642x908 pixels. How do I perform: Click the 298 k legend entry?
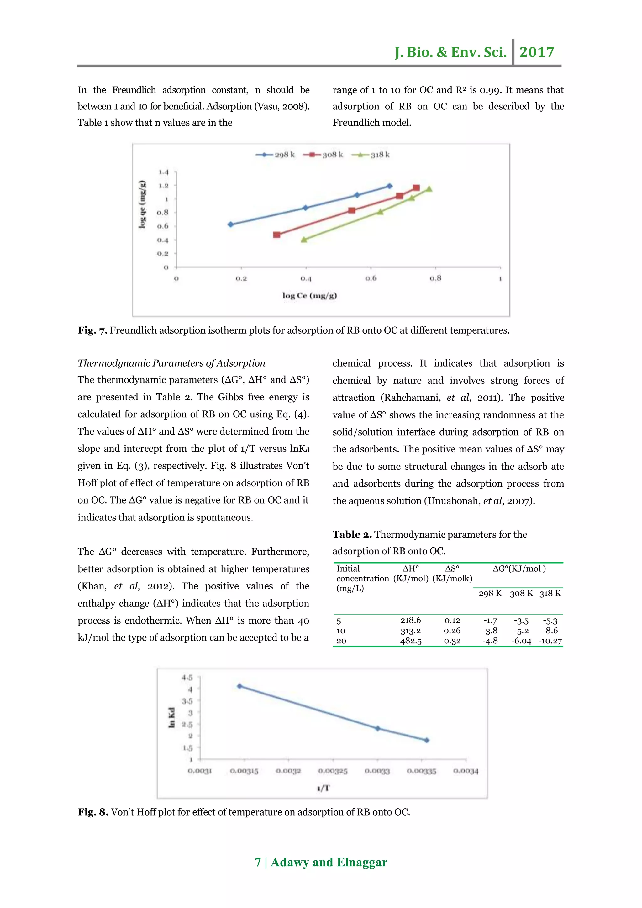coord(275,155)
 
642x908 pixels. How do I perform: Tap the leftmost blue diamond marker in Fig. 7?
coord(230,224)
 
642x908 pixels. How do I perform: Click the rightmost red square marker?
coord(416,188)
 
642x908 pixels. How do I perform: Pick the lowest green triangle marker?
coord(304,240)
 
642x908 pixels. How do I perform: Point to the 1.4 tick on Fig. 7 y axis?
coord(163,172)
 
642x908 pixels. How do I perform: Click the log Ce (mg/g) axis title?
coord(309,295)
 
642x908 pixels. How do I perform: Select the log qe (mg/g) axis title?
coord(142,204)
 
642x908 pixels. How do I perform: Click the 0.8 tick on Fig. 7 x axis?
coord(435,278)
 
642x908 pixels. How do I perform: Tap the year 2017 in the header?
coord(536,52)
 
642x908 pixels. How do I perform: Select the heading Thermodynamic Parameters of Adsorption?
coord(171,363)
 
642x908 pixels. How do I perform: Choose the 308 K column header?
coord(521,593)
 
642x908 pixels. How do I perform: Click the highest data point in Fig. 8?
coord(239,686)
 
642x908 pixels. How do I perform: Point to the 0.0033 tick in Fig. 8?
coord(377,771)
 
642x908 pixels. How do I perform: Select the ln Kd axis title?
coord(171,718)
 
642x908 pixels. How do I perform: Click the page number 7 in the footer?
coord(258,862)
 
